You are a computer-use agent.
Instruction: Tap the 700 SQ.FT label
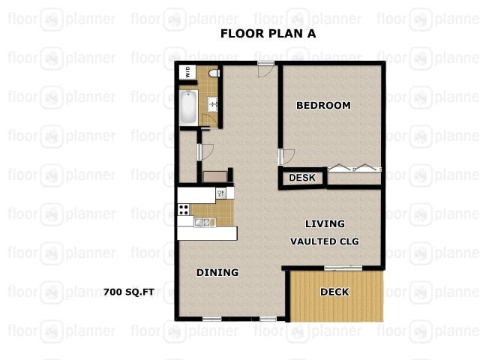[128, 292]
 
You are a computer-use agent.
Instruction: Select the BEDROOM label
[323, 106]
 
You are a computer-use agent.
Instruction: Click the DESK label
[301, 178]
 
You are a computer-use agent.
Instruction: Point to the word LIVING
[325, 223]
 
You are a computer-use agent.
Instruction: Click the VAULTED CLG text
[325, 241]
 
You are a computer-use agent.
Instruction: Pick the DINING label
[217, 272]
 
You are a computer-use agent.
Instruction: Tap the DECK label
[334, 292]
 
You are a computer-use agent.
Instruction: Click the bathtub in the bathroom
[187, 106]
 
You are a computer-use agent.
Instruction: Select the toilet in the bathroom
[212, 73]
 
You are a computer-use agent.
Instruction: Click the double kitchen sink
[203, 222]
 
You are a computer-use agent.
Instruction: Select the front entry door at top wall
[265, 68]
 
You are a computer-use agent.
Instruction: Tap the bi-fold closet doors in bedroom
[355, 169]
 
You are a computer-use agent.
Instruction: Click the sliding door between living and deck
[343, 268]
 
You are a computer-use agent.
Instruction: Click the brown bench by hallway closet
[216, 176]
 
